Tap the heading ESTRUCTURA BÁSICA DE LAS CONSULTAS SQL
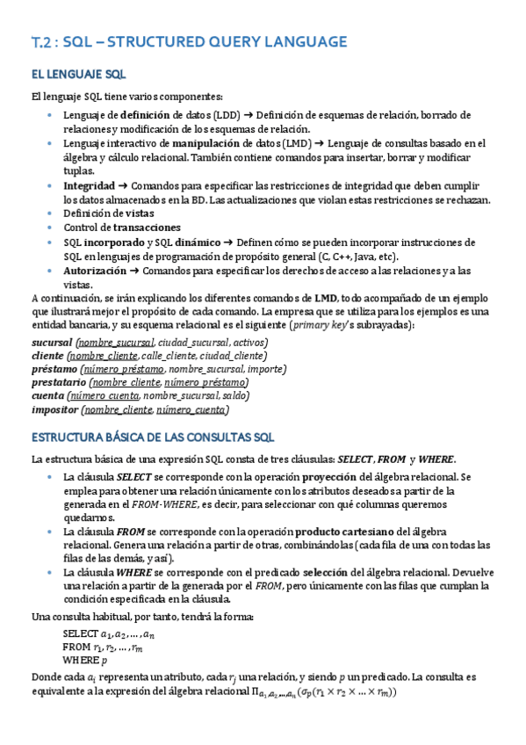tap(154, 437)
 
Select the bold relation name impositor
tap(54, 410)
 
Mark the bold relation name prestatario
tap(59, 383)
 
